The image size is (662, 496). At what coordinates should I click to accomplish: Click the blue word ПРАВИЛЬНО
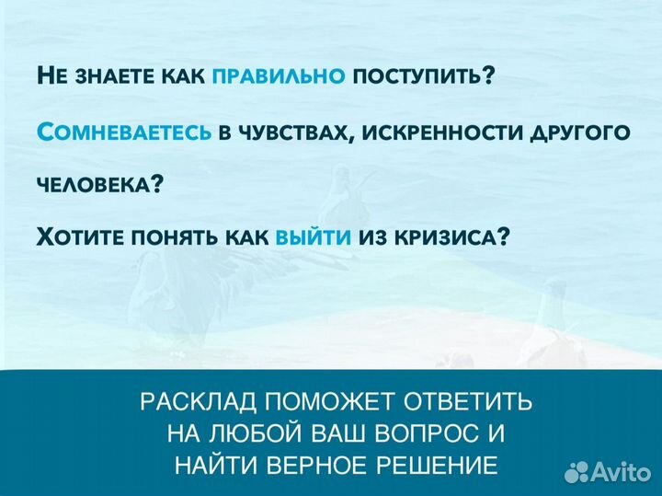click(279, 75)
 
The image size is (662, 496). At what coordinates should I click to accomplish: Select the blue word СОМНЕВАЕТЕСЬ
click(124, 132)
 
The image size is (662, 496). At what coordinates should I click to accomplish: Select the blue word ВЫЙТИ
click(314, 236)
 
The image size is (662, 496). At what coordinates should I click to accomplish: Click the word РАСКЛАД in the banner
click(193, 402)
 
